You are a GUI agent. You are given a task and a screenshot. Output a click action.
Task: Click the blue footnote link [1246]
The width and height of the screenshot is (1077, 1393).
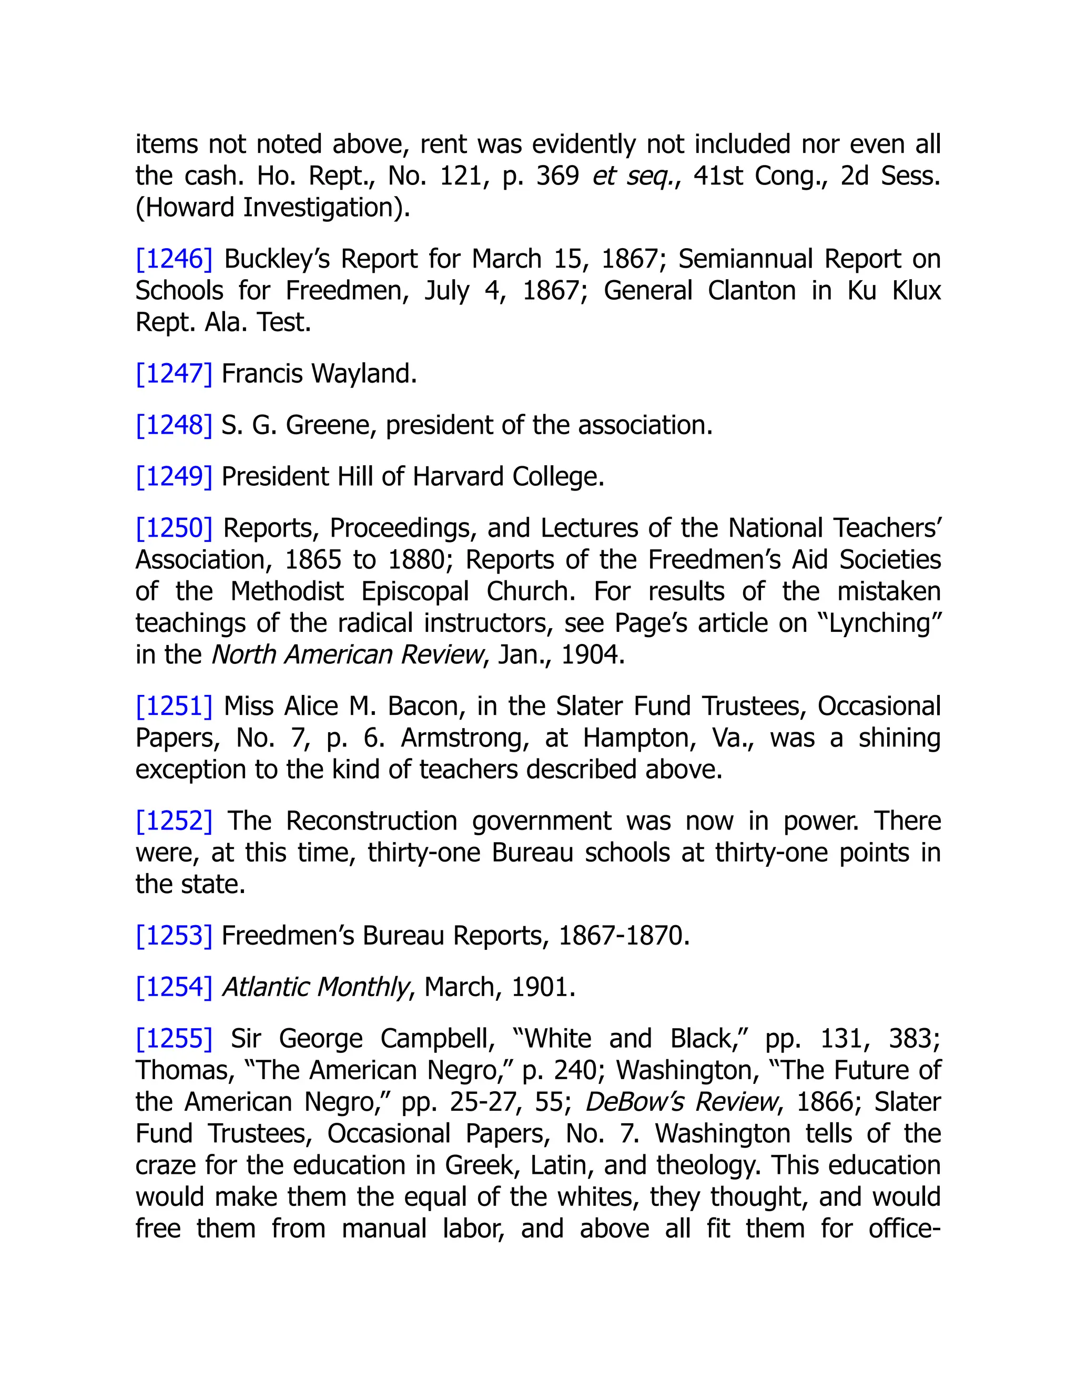click(174, 259)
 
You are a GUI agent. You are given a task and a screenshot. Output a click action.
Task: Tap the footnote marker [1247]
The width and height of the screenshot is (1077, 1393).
click(174, 374)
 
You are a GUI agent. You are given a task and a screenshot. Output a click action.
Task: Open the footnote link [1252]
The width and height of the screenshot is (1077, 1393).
click(174, 821)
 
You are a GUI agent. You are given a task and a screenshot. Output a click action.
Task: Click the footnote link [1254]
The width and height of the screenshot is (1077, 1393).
click(174, 987)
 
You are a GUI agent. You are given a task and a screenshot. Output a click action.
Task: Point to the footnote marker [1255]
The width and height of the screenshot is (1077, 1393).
click(174, 1039)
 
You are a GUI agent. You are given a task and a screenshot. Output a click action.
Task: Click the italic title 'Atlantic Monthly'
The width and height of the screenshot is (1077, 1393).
click(315, 987)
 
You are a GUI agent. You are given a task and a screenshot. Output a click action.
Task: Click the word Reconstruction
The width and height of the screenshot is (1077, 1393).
click(371, 821)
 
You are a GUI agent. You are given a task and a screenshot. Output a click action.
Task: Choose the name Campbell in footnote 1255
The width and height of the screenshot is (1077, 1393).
click(437, 1039)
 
